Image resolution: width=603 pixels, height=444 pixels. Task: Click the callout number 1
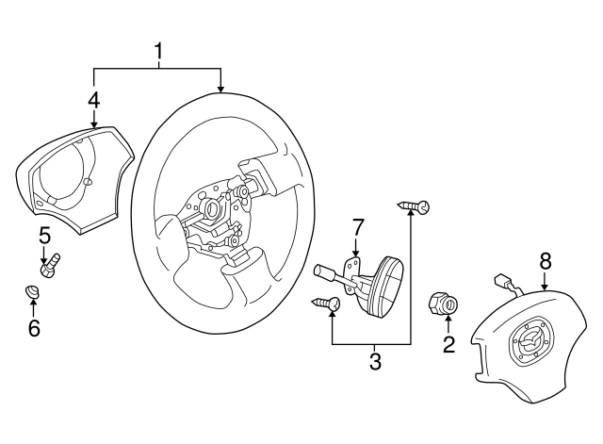[x=158, y=52]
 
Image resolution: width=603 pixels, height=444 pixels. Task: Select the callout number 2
[x=448, y=344]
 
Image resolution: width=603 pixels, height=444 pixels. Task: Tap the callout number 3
[x=374, y=362]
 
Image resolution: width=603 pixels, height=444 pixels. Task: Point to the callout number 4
[x=94, y=98]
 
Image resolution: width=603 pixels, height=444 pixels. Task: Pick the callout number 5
[x=43, y=234]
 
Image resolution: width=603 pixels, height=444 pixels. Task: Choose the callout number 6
[x=34, y=326]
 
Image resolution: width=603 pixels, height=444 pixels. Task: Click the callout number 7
[x=357, y=227]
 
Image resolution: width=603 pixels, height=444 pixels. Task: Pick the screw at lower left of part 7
[x=325, y=304]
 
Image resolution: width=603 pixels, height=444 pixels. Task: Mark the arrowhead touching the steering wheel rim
[x=221, y=90]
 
